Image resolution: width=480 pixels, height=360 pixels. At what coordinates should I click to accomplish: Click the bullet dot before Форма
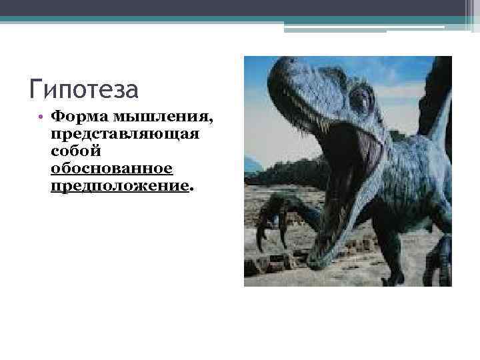coord(41,118)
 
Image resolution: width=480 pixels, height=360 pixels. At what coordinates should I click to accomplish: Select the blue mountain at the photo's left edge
coord(251,164)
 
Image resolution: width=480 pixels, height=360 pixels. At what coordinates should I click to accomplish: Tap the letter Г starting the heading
coord(37,89)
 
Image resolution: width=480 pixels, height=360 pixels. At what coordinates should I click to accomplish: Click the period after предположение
coord(191,189)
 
